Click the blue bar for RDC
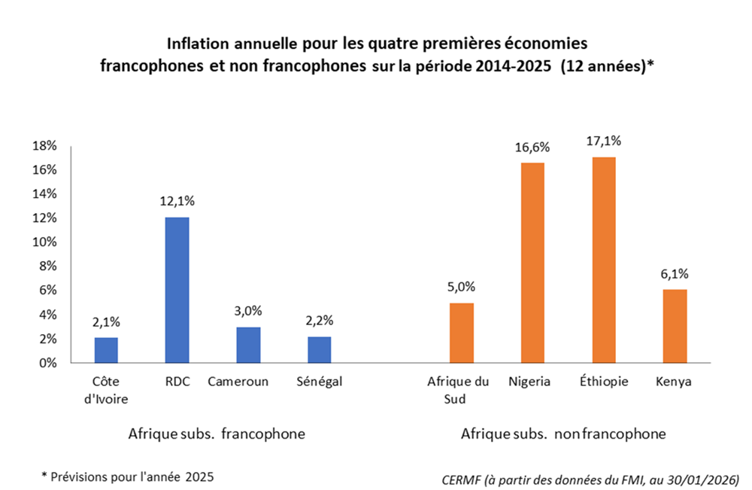[177, 290]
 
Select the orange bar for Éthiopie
[603, 260]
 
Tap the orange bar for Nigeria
[532, 263]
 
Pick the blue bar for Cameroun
[248, 345]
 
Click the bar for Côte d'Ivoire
[106, 350]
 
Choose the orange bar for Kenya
[675, 326]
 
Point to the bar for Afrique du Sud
[461, 333]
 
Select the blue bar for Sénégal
[319, 349]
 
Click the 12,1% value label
[177, 201]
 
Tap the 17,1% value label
[603, 141]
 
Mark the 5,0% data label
[461, 287]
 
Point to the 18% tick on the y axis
[44, 145]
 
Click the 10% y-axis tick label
[44, 242]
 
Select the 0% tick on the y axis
[47, 363]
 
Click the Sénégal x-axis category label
[319, 382]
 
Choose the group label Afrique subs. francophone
[217, 434]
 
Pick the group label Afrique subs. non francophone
[563, 434]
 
